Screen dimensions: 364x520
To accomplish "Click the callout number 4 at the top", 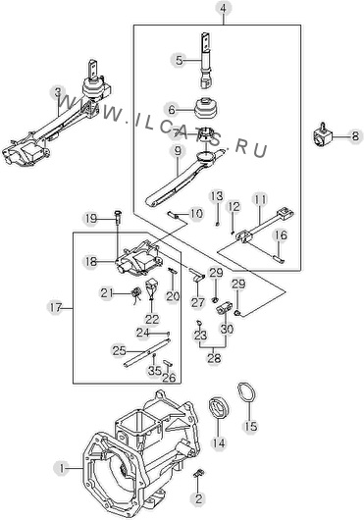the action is (x=224, y=8).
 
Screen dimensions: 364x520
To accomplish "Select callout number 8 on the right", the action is (x=355, y=136).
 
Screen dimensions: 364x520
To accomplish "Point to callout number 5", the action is (x=179, y=61).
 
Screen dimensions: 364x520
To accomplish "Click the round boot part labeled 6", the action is (x=206, y=107).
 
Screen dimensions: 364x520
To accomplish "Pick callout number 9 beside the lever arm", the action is (x=178, y=151).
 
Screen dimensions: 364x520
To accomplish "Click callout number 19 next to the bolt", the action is (x=91, y=219).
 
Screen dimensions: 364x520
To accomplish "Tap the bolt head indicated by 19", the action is (x=118, y=213).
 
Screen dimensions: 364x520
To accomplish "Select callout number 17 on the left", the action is (x=55, y=308).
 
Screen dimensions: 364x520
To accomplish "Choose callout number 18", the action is (x=91, y=262).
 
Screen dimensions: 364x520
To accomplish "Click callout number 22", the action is (x=152, y=320).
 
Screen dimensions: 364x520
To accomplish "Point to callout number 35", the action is (x=154, y=371).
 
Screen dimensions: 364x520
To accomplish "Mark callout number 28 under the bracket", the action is (x=214, y=358).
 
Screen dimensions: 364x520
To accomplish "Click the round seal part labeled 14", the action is (x=218, y=407).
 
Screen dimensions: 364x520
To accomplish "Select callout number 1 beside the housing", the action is (x=61, y=468).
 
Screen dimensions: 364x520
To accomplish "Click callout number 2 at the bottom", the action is (x=199, y=498).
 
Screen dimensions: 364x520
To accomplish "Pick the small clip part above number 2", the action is (x=199, y=474).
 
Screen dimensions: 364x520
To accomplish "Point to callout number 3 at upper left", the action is (x=58, y=92).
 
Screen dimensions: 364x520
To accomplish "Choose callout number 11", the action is (x=260, y=199).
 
